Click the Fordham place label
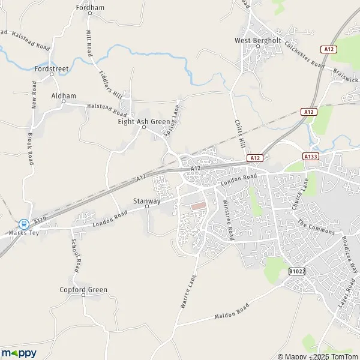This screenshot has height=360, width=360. pos(90,8)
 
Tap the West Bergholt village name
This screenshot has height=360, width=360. pos(257,41)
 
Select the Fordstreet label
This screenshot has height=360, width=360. pos(52,69)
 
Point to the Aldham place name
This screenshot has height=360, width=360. pos(64,96)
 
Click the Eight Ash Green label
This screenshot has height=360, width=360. pos(144,121)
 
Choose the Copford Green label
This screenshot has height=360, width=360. pos(83,290)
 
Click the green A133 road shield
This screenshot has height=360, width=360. pos(310,157)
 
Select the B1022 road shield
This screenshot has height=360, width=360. pos(296,271)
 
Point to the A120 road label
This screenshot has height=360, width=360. pos(40,221)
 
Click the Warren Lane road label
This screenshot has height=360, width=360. pos(188,292)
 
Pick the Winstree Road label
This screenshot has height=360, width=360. pos(230,220)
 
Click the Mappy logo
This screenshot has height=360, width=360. pos(19,353)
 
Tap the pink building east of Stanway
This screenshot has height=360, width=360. pos(198,206)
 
